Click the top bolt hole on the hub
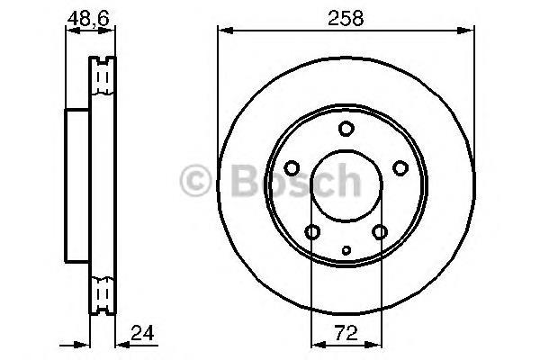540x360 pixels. [x=346, y=129]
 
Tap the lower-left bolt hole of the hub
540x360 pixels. [x=312, y=232]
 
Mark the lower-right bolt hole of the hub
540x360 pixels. [x=380, y=232]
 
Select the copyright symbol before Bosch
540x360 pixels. [x=198, y=181]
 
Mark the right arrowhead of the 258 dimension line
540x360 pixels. [x=472, y=31]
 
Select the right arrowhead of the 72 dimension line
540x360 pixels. [x=377, y=343]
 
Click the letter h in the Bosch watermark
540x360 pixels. [x=344, y=181]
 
